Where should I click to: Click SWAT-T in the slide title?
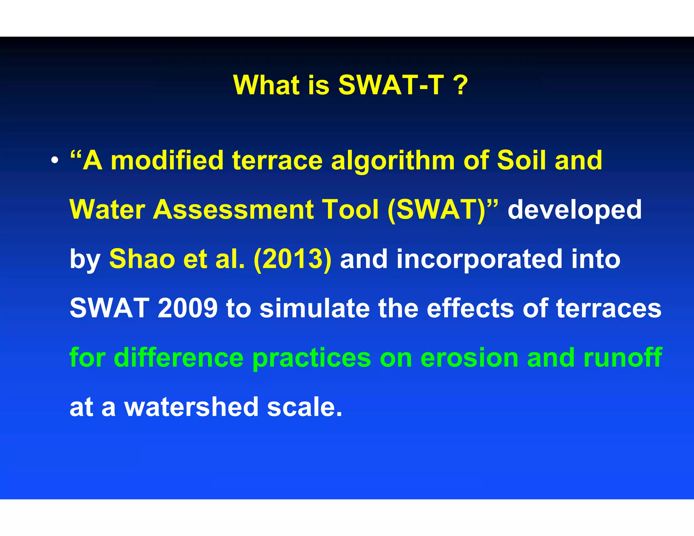coord(391,85)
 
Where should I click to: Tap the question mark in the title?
coord(461,85)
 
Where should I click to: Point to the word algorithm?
coord(393,161)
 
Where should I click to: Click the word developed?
coord(574,210)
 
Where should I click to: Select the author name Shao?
coord(142,259)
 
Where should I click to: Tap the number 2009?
coord(187,308)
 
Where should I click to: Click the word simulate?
coord(314,308)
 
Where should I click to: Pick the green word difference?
coord(179,357)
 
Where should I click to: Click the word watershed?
coord(191,407)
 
